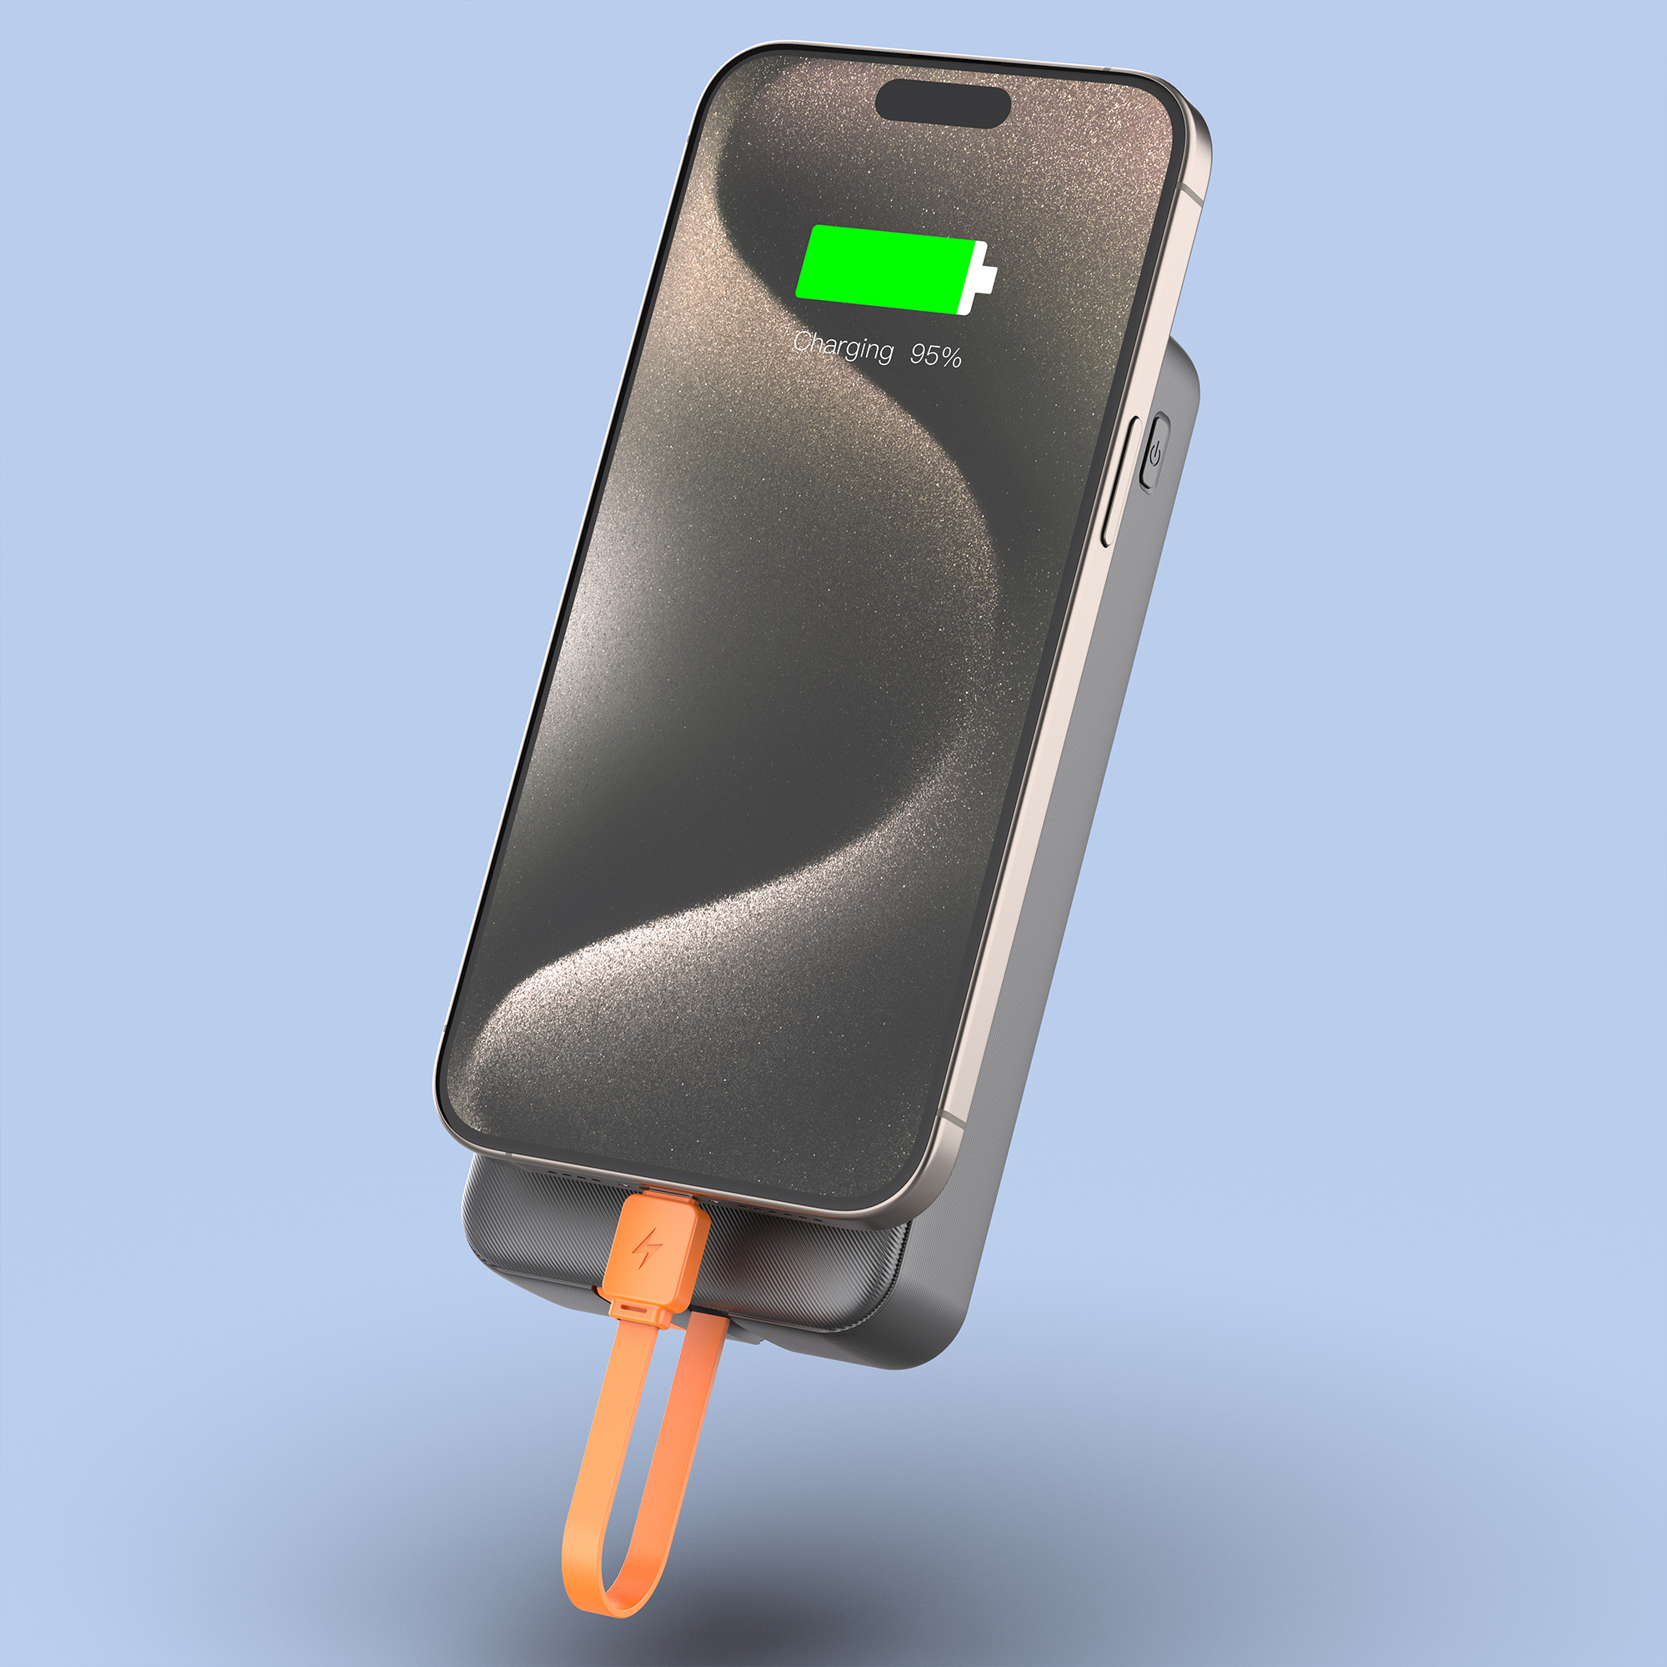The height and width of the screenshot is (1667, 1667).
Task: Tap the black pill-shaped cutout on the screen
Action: coord(942,103)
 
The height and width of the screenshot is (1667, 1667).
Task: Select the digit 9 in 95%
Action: coord(920,353)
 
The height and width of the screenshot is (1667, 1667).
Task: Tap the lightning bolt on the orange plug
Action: coord(647,1248)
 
